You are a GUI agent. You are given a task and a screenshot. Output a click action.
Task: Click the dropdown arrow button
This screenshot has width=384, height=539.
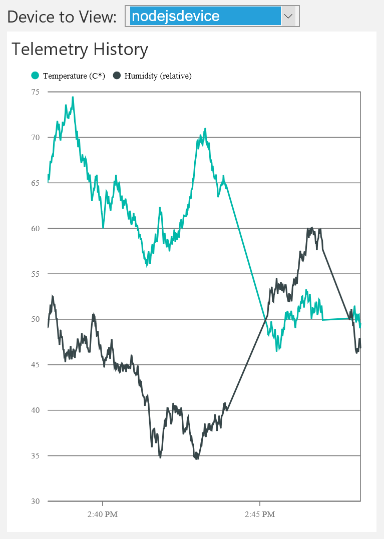288,16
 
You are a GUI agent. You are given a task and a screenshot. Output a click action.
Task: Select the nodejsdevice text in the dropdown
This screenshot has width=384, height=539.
176,16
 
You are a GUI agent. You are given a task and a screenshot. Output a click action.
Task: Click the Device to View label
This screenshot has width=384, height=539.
62,17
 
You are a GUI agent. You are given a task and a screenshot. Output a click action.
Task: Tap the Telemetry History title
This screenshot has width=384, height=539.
80,49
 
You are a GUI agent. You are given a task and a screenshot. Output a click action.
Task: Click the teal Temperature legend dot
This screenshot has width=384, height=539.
35,76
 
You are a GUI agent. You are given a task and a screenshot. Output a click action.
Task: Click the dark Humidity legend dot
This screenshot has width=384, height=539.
117,76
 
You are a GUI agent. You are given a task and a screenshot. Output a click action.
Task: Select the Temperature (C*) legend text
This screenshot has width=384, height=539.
74,76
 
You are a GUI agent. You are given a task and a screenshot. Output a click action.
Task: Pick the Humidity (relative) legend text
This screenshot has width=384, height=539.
158,76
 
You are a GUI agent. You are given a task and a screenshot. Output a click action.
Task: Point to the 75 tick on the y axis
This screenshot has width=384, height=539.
35,92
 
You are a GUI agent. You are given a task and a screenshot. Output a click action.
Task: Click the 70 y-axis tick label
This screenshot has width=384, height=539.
35,137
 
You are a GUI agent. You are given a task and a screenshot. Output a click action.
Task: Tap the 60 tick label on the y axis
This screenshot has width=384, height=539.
35,228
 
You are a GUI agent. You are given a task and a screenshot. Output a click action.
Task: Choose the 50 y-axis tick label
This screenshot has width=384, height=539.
35,319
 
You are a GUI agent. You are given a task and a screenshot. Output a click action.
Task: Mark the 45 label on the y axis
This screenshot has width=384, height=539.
35,365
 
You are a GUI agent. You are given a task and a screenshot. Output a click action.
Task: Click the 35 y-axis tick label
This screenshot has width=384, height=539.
35,456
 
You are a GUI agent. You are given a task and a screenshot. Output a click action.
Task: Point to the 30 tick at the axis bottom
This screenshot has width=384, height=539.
35,501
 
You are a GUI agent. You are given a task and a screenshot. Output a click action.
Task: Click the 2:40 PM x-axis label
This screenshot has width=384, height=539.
102,514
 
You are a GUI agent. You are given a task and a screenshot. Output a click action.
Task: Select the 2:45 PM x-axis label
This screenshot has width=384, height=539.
260,514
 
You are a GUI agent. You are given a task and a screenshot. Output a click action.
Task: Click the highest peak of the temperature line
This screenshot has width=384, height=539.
73,97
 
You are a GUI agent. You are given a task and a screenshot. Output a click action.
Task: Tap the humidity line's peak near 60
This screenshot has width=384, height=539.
312,228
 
